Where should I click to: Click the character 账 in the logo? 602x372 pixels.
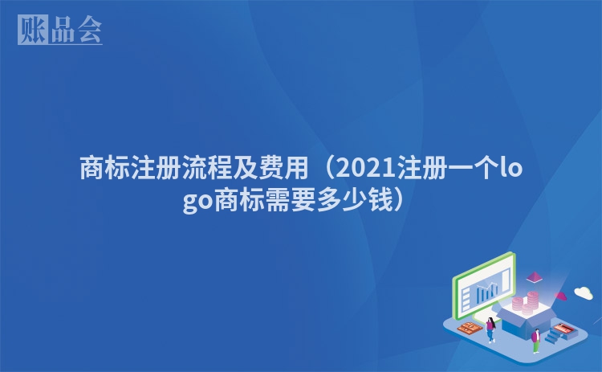pyautogui.click(x=33, y=29)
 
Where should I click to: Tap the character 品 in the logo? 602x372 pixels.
pyautogui.click(x=63, y=30)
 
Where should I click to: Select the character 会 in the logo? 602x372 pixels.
pyautogui.click(x=89, y=30)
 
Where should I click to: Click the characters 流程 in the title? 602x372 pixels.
pyautogui.click(x=207, y=168)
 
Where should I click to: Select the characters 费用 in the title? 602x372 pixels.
pyautogui.click(x=283, y=168)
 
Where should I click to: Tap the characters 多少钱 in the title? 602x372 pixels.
pyautogui.click(x=354, y=200)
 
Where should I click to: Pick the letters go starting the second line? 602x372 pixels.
pyautogui.click(x=197, y=202)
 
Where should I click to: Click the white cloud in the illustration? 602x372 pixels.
pyautogui.click(x=584, y=292)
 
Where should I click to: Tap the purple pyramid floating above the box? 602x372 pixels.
pyautogui.click(x=534, y=276)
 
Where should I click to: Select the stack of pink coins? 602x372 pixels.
pyautogui.click(x=525, y=303)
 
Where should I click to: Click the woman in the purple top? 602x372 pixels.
pyautogui.click(x=490, y=329)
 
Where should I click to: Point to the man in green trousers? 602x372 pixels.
pyautogui.click(x=536, y=341)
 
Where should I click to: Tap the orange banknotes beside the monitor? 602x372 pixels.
pyautogui.click(x=470, y=328)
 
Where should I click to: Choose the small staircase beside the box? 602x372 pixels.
pyautogui.click(x=553, y=336)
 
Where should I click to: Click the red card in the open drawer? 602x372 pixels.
pyautogui.click(x=563, y=329)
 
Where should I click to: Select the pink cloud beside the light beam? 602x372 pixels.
pyautogui.click(x=560, y=296)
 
